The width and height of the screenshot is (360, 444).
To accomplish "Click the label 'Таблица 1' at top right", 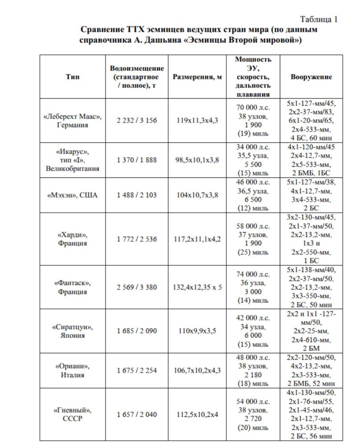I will pos(319,19).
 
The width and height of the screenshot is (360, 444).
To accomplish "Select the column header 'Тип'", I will pos(72,77).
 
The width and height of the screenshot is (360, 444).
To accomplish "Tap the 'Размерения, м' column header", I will pos(197,77).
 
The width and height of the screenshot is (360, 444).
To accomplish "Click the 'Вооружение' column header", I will pos(311,77).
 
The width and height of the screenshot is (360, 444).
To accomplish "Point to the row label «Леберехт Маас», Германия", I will pos(72,120).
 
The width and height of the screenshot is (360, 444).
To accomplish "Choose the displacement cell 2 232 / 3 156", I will pos(137,120).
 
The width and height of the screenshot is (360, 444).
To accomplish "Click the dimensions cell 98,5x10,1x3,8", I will pos(197,160).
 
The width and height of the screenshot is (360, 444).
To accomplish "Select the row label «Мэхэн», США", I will pos(72,195).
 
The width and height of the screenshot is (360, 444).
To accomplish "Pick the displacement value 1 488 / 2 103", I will pos(137,195).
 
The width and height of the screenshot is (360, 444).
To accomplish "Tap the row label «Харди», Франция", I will pos(72,239).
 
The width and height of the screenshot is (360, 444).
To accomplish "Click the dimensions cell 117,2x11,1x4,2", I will pos(197,239).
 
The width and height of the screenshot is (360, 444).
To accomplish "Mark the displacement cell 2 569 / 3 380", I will pos(137,287).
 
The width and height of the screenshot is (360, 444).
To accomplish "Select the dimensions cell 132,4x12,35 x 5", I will pos(197,287).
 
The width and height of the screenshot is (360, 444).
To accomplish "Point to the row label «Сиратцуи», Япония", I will pos(72,331).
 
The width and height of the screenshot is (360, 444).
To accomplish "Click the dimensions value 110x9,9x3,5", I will pos(197,331).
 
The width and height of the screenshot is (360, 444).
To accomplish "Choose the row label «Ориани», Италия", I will pos(72,370).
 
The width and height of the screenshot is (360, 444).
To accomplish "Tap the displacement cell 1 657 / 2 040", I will pos(137,414).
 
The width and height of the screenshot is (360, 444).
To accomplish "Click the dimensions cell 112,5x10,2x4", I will pos(197,414).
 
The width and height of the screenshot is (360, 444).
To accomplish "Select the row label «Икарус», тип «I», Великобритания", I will pos(72,160).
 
